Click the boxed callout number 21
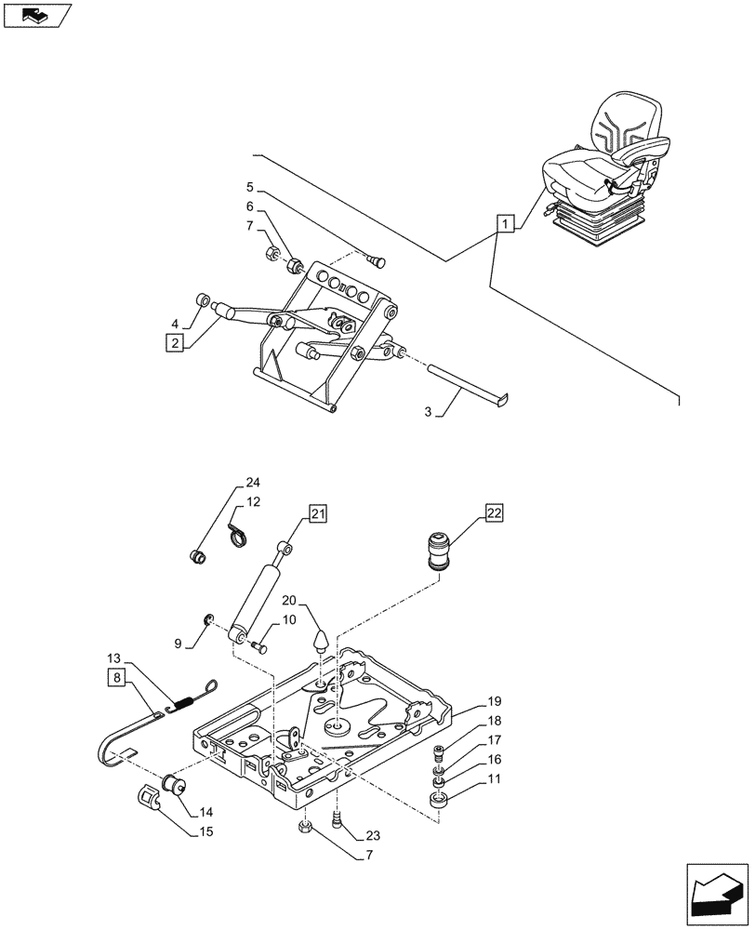point(318,513)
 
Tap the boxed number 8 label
point(115,677)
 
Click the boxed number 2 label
point(172,342)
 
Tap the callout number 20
point(288,600)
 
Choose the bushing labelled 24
point(198,556)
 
